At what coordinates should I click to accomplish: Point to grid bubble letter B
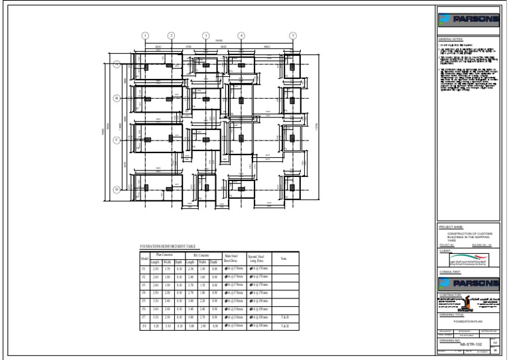(x=117, y=98)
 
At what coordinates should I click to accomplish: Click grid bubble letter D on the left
(x=117, y=190)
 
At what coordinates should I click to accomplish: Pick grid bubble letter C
(x=117, y=140)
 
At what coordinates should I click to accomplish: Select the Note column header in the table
(x=284, y=258)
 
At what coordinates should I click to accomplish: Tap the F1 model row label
(x=144, y=268)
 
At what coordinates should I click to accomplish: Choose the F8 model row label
(x=144, y=327)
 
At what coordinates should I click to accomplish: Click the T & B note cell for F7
(x=284, y=318)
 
